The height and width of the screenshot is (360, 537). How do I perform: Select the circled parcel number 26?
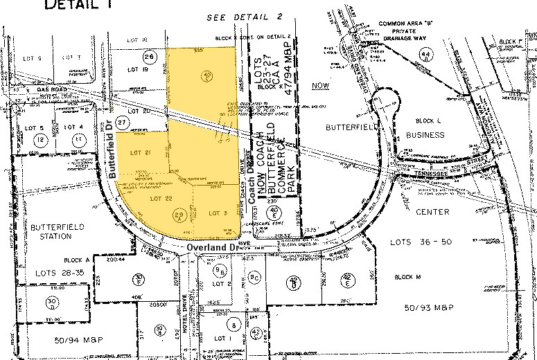(148, 56)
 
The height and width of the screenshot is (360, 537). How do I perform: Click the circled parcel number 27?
(123, 121)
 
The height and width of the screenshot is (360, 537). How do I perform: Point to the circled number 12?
(42, 141)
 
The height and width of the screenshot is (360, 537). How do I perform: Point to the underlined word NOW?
(320, 85)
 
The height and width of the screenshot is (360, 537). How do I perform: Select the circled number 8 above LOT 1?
(234, 324)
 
